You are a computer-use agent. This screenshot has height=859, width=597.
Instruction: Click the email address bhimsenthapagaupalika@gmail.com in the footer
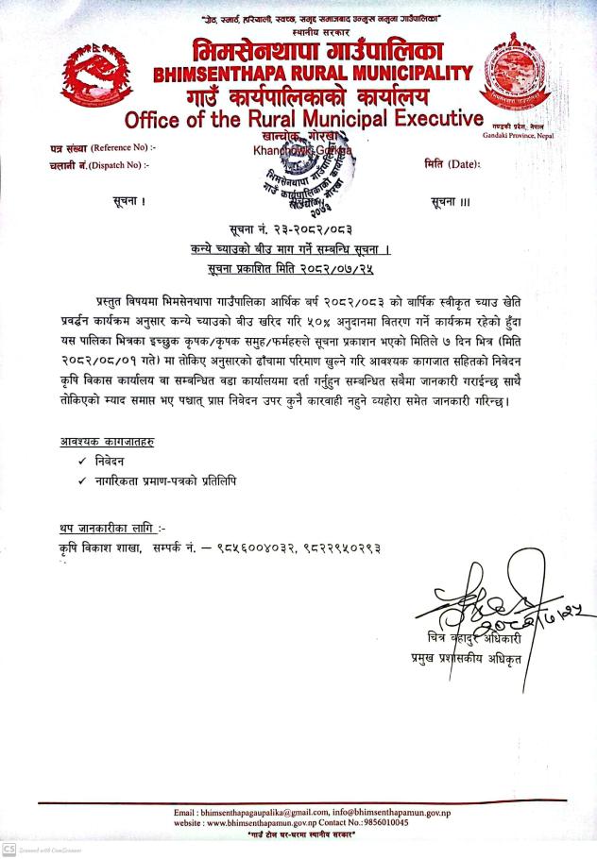251,813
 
